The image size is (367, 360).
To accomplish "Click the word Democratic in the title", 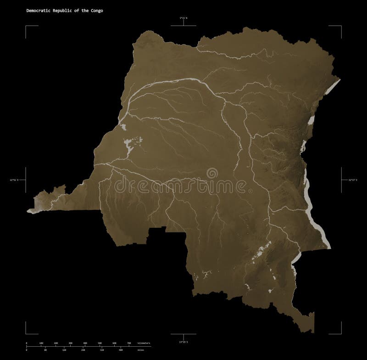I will point(38,10).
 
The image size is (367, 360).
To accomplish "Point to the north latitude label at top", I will point(183,18).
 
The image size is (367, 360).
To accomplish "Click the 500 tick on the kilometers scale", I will point(100,343).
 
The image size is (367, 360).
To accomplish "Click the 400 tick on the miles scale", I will point(120,350).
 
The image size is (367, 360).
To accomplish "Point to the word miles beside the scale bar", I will point(140,350).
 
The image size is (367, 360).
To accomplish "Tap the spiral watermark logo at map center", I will point(211,174).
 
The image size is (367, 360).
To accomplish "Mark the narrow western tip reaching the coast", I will point(37,202).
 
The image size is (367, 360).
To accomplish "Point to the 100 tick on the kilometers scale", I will point(41,343).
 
